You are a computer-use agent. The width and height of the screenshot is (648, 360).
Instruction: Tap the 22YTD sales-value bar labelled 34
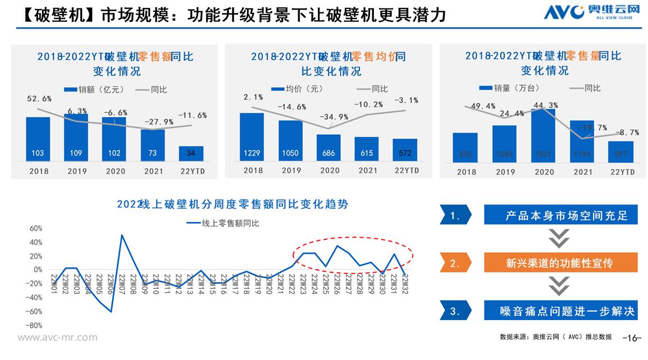click(x=191, y=153)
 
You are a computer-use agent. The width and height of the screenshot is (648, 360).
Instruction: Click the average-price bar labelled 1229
click(x=252, y=137)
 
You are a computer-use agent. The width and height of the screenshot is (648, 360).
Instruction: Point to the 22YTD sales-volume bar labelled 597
click(x=620, y=151)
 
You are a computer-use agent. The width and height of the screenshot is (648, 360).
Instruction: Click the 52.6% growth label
click(x=39, y=99)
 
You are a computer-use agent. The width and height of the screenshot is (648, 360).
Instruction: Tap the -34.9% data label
click(x=334, y=117)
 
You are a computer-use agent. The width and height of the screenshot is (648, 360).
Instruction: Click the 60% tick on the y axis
click(x=36, y=229)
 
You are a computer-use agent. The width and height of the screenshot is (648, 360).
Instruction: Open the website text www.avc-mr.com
click(x=57, y=338)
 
